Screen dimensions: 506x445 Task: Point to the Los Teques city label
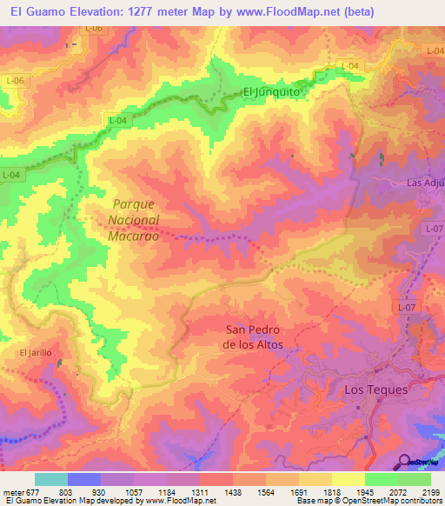point(375,389)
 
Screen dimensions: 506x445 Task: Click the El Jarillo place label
point(36,352)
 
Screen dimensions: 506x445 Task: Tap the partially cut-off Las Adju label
point(425,183)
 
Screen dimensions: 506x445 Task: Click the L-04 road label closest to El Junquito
point(349,66)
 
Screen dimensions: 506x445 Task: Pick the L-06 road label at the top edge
point(93,29)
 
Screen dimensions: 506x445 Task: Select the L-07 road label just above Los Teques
point(407,307)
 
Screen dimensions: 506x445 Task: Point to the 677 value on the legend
point(34,491)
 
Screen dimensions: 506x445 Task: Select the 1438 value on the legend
point(232,491)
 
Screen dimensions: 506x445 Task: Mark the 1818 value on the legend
point(331,491)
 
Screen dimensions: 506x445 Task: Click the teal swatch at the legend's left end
point(50,479)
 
